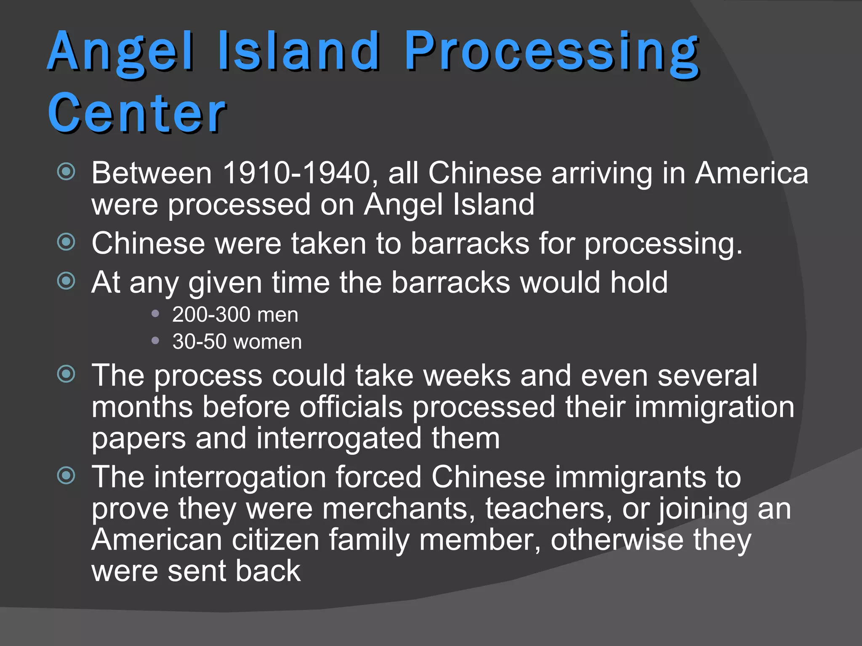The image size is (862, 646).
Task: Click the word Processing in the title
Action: click(x=551, y=53)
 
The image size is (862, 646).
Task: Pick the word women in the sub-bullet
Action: click(x=267, y=342)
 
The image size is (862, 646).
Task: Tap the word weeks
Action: click(x=467, y=375)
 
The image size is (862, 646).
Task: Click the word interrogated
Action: click(x=338, y=438)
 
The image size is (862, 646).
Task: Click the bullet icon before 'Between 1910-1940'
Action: click(x=66, y=171)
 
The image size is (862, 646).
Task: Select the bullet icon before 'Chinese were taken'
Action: click(x=66, y=241)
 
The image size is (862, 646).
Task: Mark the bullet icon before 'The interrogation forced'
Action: click(x=66, y=475)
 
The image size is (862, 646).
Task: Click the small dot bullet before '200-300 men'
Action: click(x=155, y=313)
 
